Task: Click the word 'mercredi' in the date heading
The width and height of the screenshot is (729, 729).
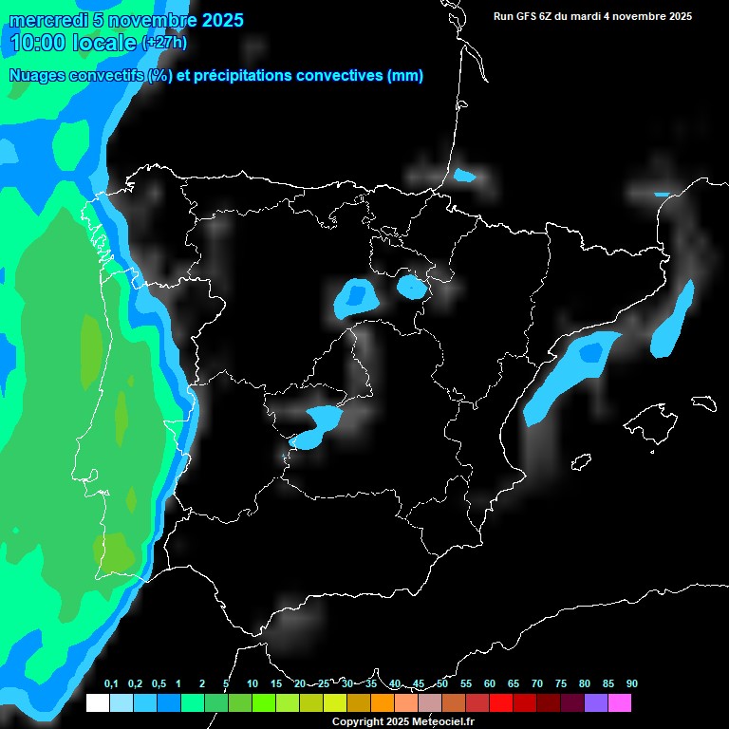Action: coord(42,20)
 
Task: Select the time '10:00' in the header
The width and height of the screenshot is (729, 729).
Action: coord(37,43)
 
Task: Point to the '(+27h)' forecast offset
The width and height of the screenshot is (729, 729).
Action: coord(164,43)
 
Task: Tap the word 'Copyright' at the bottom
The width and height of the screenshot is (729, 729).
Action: coord(357,721)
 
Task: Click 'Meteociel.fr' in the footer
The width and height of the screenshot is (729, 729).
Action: coord(439,721)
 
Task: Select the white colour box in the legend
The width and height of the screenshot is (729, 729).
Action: coord(97,703)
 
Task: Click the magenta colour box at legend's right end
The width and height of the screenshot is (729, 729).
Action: coord(620,703)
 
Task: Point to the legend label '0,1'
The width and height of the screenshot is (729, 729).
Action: coord(110,684)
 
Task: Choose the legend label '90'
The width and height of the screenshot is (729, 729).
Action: coord(631,684)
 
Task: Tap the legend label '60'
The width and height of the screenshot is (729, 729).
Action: coord(489,684)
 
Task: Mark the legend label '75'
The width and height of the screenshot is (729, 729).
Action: coord(560,684)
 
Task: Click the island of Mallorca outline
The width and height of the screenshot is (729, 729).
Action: coord(654,419)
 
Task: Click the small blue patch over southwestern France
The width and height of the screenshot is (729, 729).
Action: coord(464,176)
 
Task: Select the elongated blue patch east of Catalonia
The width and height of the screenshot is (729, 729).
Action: coord(673,319)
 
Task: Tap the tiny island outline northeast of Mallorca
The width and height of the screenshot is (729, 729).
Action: coord(703,402)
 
